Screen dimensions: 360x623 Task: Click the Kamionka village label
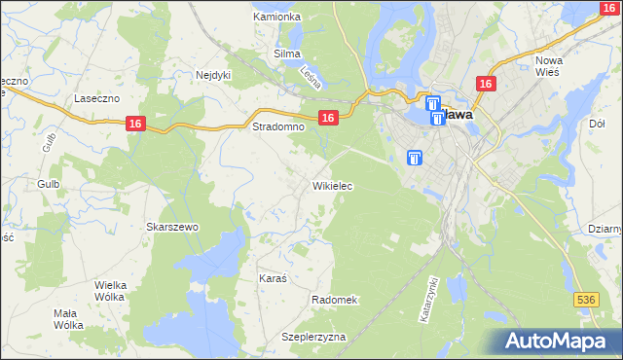pos(276,18)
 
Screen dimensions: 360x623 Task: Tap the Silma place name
pos(287,54)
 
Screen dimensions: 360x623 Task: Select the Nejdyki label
pos(212,74)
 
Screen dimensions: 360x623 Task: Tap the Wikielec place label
pos(332,186)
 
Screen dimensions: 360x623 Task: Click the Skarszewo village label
pos(172,227)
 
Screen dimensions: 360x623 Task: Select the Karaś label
pos(273,278)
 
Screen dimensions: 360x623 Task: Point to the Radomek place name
pos(336,300)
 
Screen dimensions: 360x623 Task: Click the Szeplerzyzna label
pos(313,337)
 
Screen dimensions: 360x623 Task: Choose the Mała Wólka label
pos(68,319)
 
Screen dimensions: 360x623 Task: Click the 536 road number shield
pos(585,301)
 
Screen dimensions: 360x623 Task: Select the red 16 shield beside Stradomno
pos(328,118)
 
